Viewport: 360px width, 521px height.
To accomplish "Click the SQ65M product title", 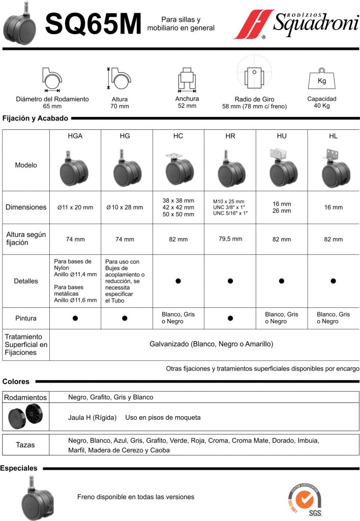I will (x=93, y=24).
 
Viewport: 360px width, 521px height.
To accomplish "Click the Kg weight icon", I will (x=321, y=78).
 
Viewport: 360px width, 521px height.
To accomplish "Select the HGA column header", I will (x=75, y=136).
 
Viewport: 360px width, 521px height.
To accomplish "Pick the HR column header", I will (x=230, y=136).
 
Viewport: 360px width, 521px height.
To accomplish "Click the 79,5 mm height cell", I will (x=230, y=239).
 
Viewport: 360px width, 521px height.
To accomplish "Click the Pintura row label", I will (x=25, y=318).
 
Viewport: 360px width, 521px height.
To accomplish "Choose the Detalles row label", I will (x=25, y=281).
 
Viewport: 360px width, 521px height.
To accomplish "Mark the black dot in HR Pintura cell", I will (x=230, y=318).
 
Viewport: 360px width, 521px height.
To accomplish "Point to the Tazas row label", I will (x=25, y=445).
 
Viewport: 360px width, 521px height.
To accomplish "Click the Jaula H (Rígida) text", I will (x=94, y=418).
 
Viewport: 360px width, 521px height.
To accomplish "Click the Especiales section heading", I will (x=19, y=468).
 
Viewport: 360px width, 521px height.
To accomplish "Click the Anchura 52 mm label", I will (x=187, y=102).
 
